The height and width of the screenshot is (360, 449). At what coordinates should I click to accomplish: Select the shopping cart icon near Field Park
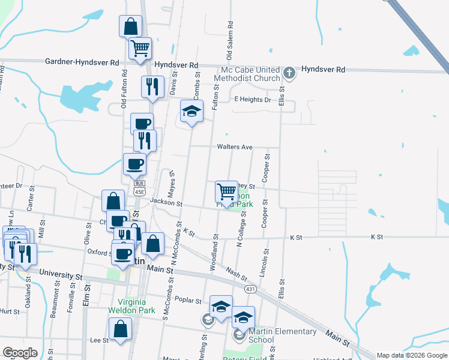point(226,191)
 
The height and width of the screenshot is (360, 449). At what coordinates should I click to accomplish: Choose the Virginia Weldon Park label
point(131,306)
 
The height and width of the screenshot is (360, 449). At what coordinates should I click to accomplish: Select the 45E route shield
point(139,191)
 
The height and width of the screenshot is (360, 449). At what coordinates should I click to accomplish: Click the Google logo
point(20,353)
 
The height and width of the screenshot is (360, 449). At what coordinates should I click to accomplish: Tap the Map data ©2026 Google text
point(411,355)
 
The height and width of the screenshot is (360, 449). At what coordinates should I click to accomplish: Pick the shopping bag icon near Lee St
point(121,329)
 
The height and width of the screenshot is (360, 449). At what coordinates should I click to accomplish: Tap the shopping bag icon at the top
point(130,27)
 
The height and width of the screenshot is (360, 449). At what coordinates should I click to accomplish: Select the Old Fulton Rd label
point(124,87)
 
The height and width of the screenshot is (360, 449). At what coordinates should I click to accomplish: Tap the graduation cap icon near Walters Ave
point(191,112)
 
